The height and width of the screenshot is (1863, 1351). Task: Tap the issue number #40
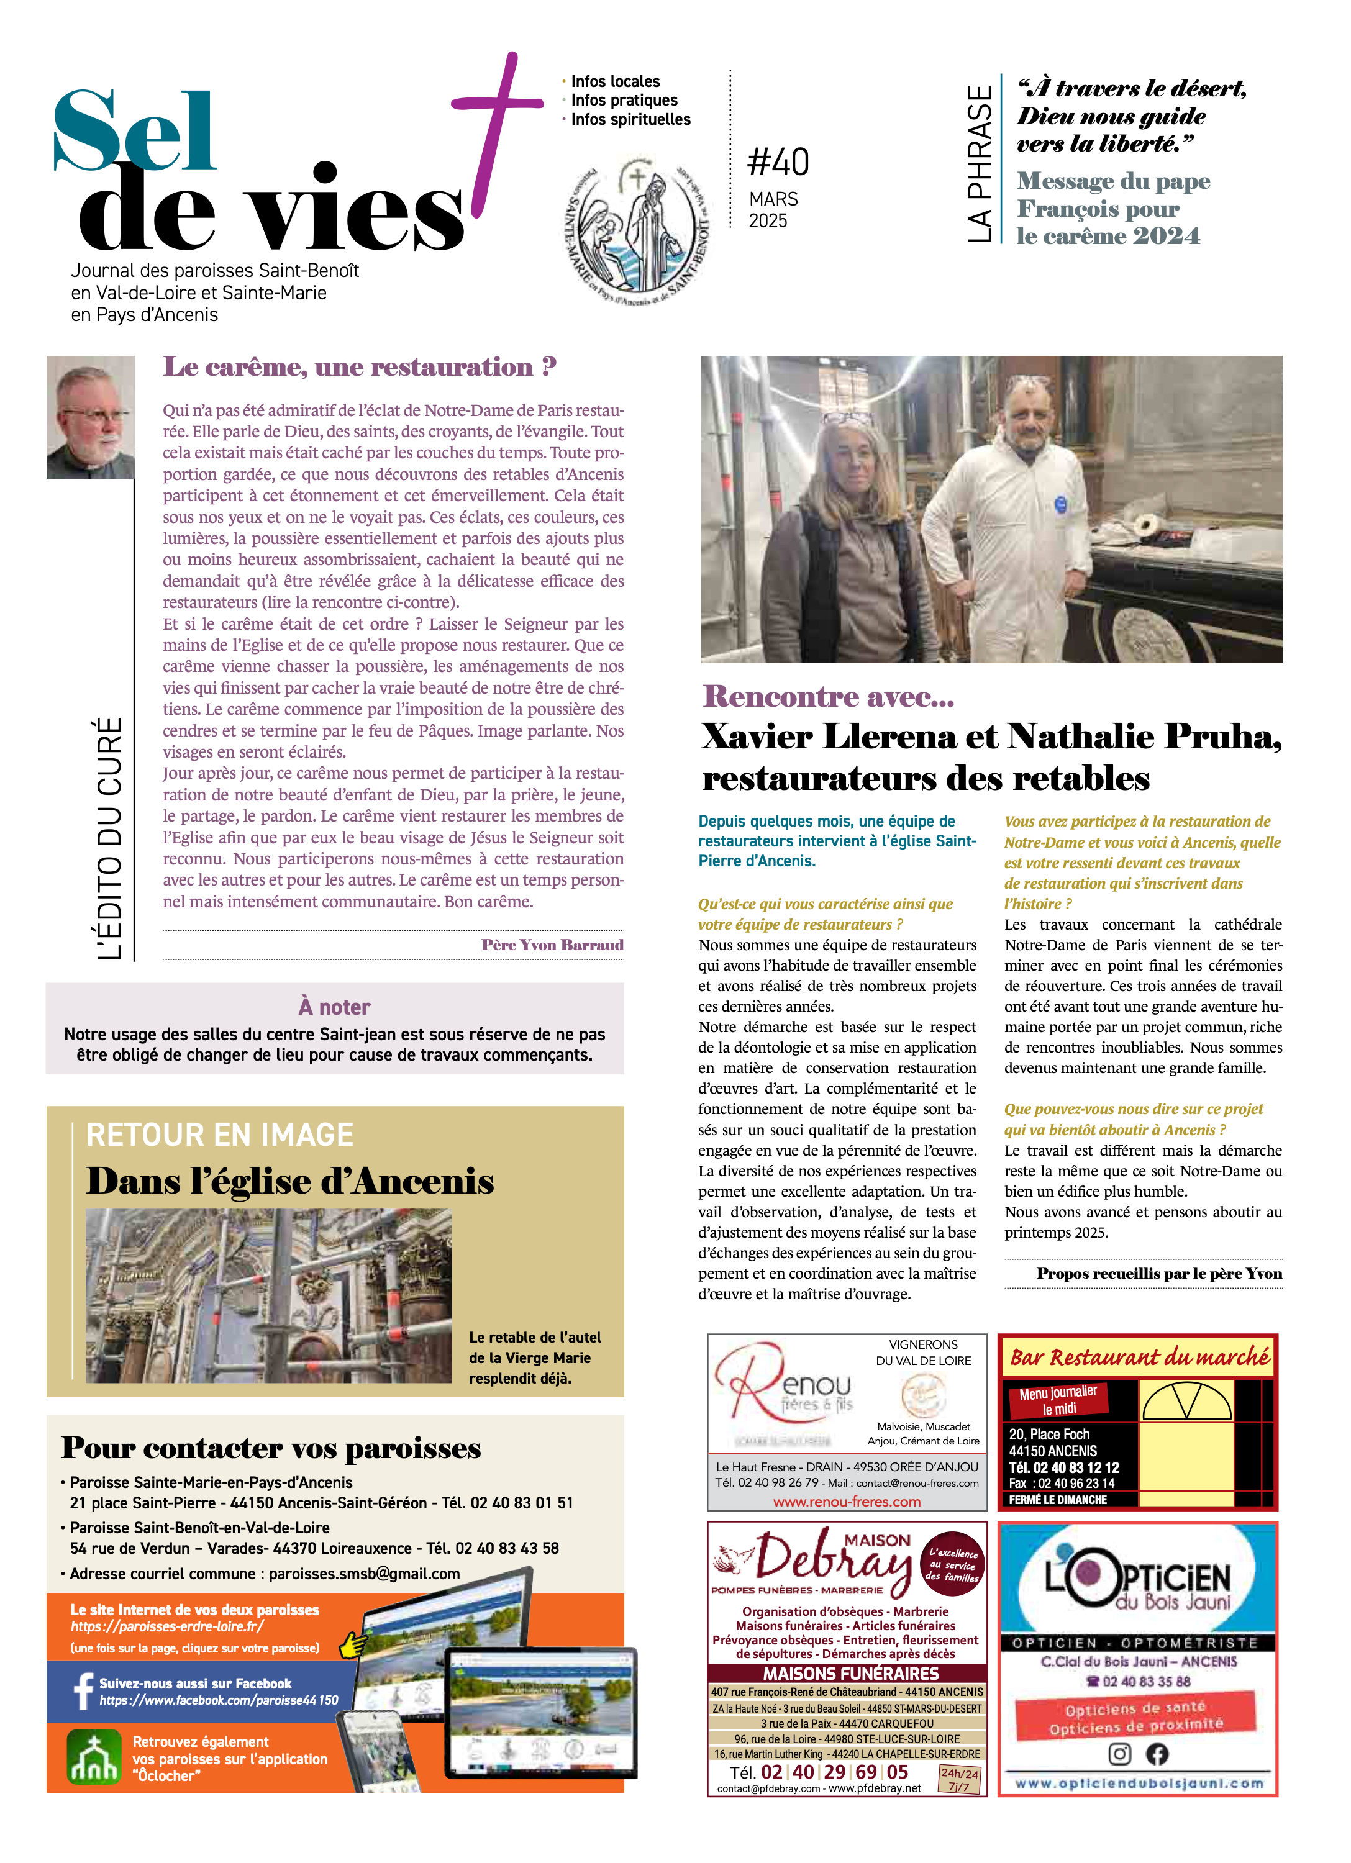[778, 162]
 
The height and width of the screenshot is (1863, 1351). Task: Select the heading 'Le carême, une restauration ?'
[360, 366]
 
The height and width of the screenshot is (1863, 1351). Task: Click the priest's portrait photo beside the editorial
[91, 417]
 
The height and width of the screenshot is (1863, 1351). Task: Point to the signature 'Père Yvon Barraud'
[552, 945]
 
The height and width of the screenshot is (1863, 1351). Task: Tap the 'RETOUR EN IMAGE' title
[219, 1135]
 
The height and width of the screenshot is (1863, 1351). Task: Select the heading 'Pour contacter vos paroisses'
[271, 1448]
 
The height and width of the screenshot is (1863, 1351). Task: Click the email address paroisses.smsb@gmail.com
[364, 1573]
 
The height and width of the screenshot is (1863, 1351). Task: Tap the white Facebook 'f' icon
[83, 1692]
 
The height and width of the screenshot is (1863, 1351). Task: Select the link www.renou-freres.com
[847, 1502]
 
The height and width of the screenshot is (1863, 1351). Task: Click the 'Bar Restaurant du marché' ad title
[1139, 1357]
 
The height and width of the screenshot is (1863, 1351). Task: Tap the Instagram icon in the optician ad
[1119, 1754]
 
